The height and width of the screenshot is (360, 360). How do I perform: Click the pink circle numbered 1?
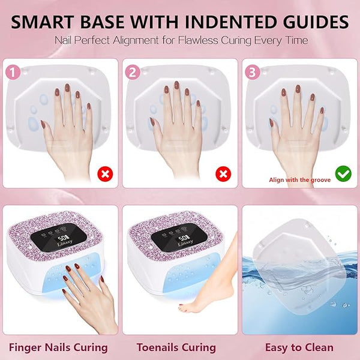click(x=13, y=72)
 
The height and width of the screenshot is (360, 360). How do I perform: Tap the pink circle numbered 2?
click(x=133, y=72)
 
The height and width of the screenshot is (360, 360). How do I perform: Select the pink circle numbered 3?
click(x=253, y=72)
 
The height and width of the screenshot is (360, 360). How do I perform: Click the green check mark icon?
click(x=343, y=174)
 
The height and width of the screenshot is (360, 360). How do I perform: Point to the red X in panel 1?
click(x=105, y=174)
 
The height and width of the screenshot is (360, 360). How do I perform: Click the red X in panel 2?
click(x=223, y=174)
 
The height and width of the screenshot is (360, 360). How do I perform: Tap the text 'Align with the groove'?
click(x=300, y=180)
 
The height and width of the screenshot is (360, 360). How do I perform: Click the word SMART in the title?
click(x=43, y=22)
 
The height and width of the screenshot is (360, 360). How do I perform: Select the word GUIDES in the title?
click(x=316, y=22)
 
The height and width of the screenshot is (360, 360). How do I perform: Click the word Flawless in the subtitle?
click(x=198, y=40)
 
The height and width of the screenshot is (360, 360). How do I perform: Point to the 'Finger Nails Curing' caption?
click(x=58, y=347)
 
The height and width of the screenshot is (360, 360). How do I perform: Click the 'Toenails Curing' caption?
click(x=176, y=347)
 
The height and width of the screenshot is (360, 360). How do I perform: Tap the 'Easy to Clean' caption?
click(x=299, y=347)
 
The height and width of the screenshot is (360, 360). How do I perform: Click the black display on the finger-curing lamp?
click(x=59, y=238)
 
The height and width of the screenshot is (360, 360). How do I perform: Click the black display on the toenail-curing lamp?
click(x=179, y=238)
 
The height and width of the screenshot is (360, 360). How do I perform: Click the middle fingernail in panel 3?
click(x=298, y=89)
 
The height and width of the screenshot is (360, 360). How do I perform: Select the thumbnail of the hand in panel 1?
click(x=43, y=124)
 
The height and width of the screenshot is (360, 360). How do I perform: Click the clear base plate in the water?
click(x=298, y=264)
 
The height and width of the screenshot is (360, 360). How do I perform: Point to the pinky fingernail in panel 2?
click(x=198, y=103)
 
